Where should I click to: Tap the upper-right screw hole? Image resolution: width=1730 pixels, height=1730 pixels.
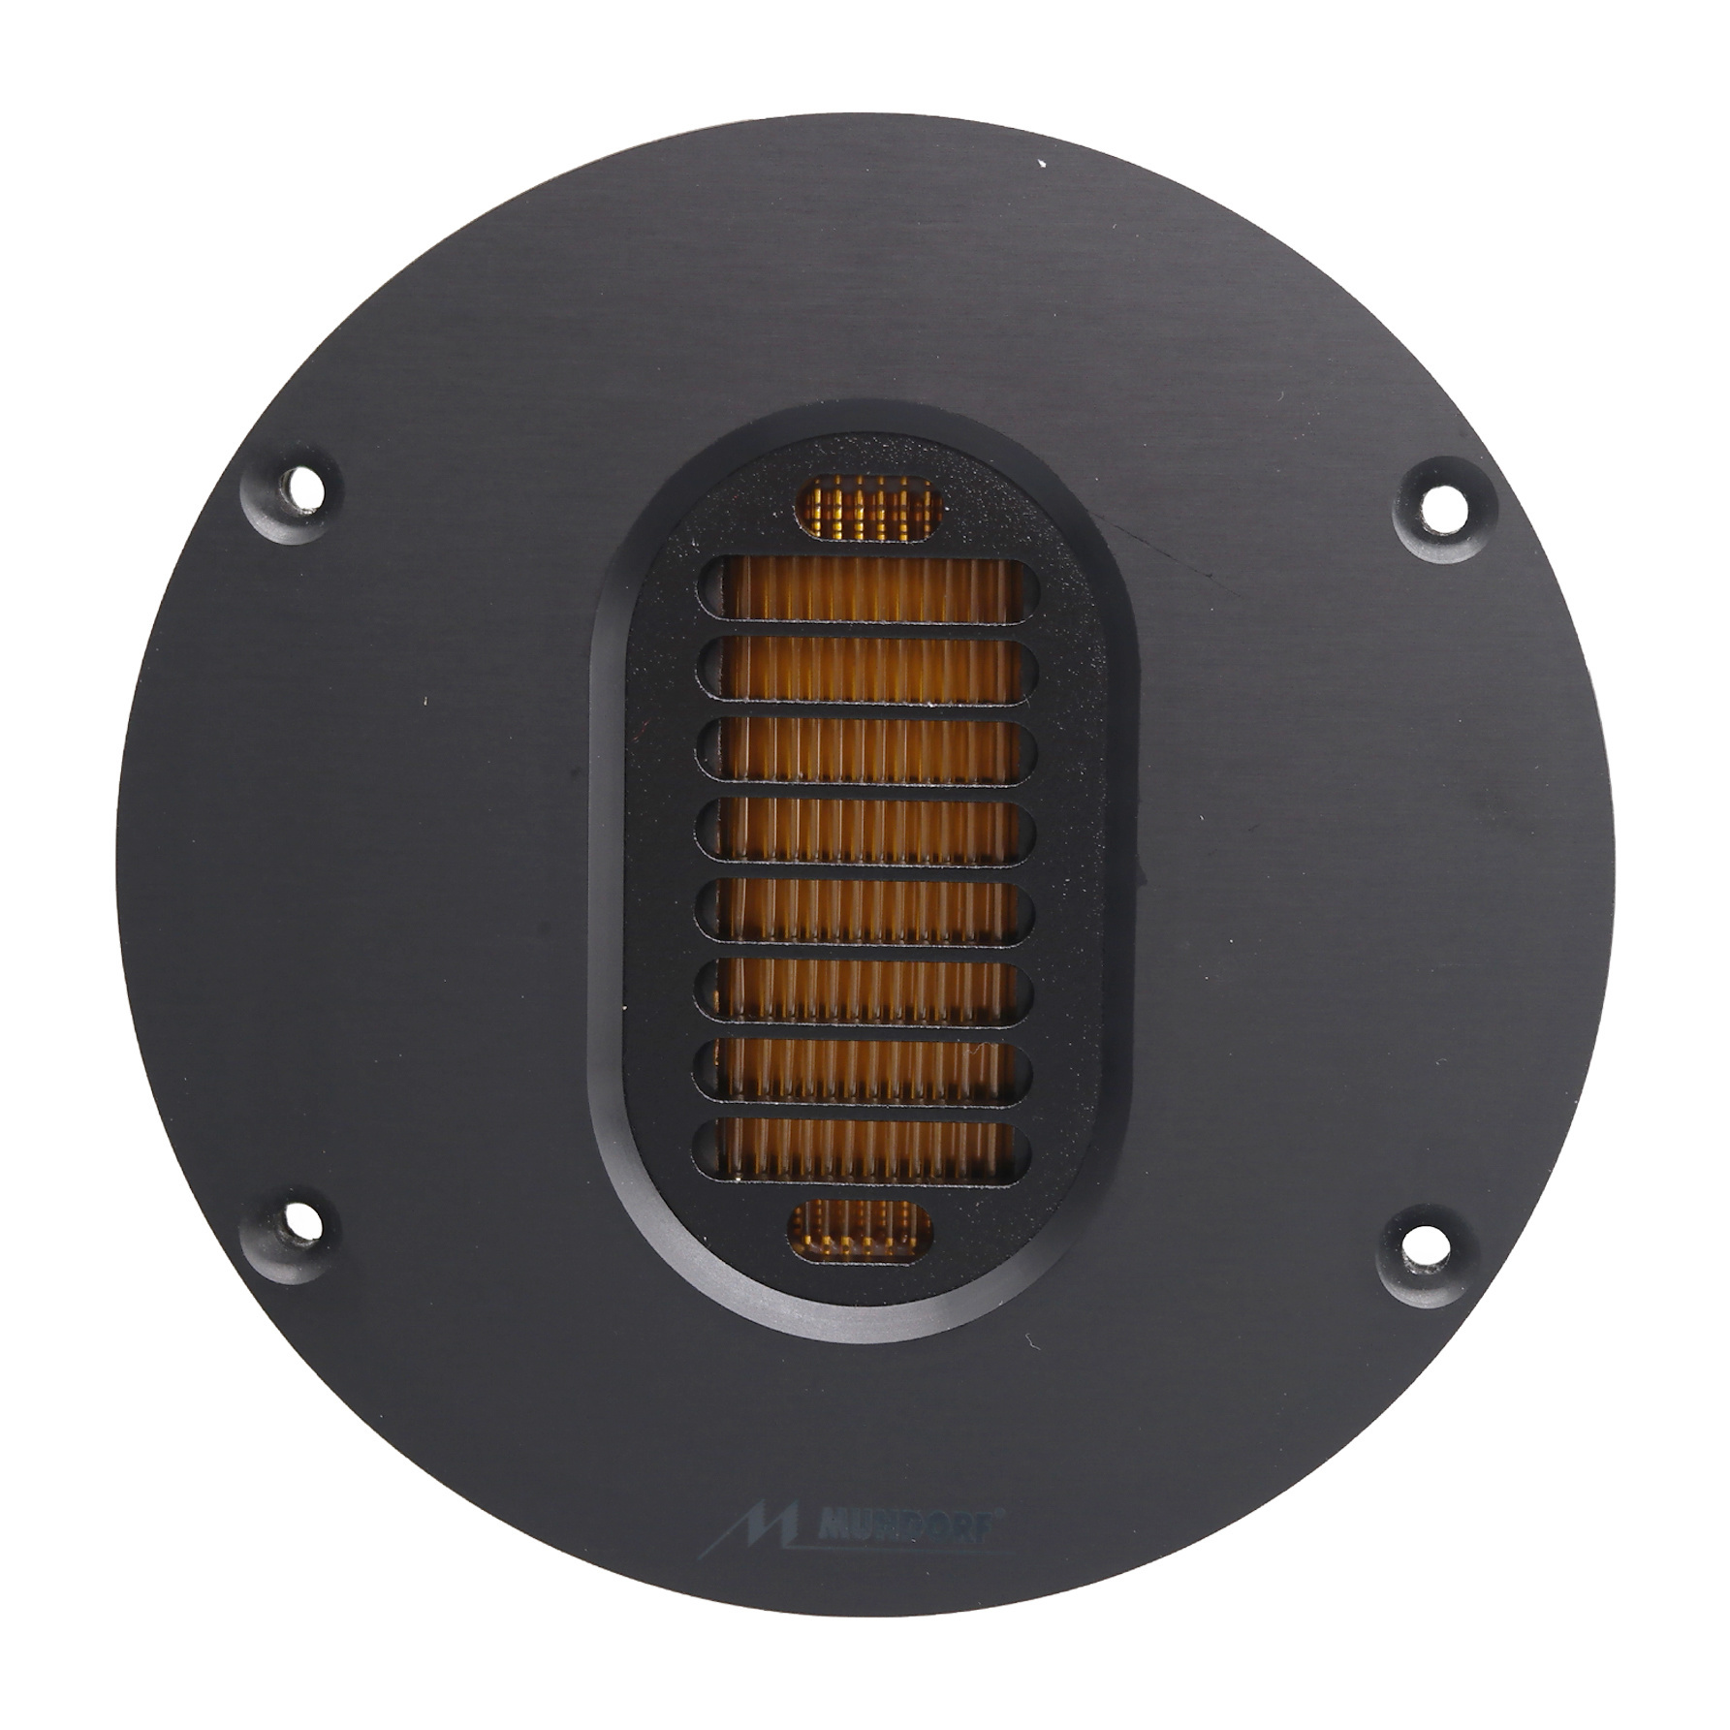[x=1442, y=502]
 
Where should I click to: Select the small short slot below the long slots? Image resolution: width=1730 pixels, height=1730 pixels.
[x=861, y=1230]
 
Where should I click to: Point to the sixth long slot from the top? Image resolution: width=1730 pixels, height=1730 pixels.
[x=864, y=991]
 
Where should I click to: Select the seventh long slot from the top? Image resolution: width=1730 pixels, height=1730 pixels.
[x=863, y=1072]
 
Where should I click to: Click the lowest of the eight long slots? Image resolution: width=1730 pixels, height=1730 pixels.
[x=862, y=1151]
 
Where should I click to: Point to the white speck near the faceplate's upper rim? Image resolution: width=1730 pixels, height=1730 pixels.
[x=1042, y=164]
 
